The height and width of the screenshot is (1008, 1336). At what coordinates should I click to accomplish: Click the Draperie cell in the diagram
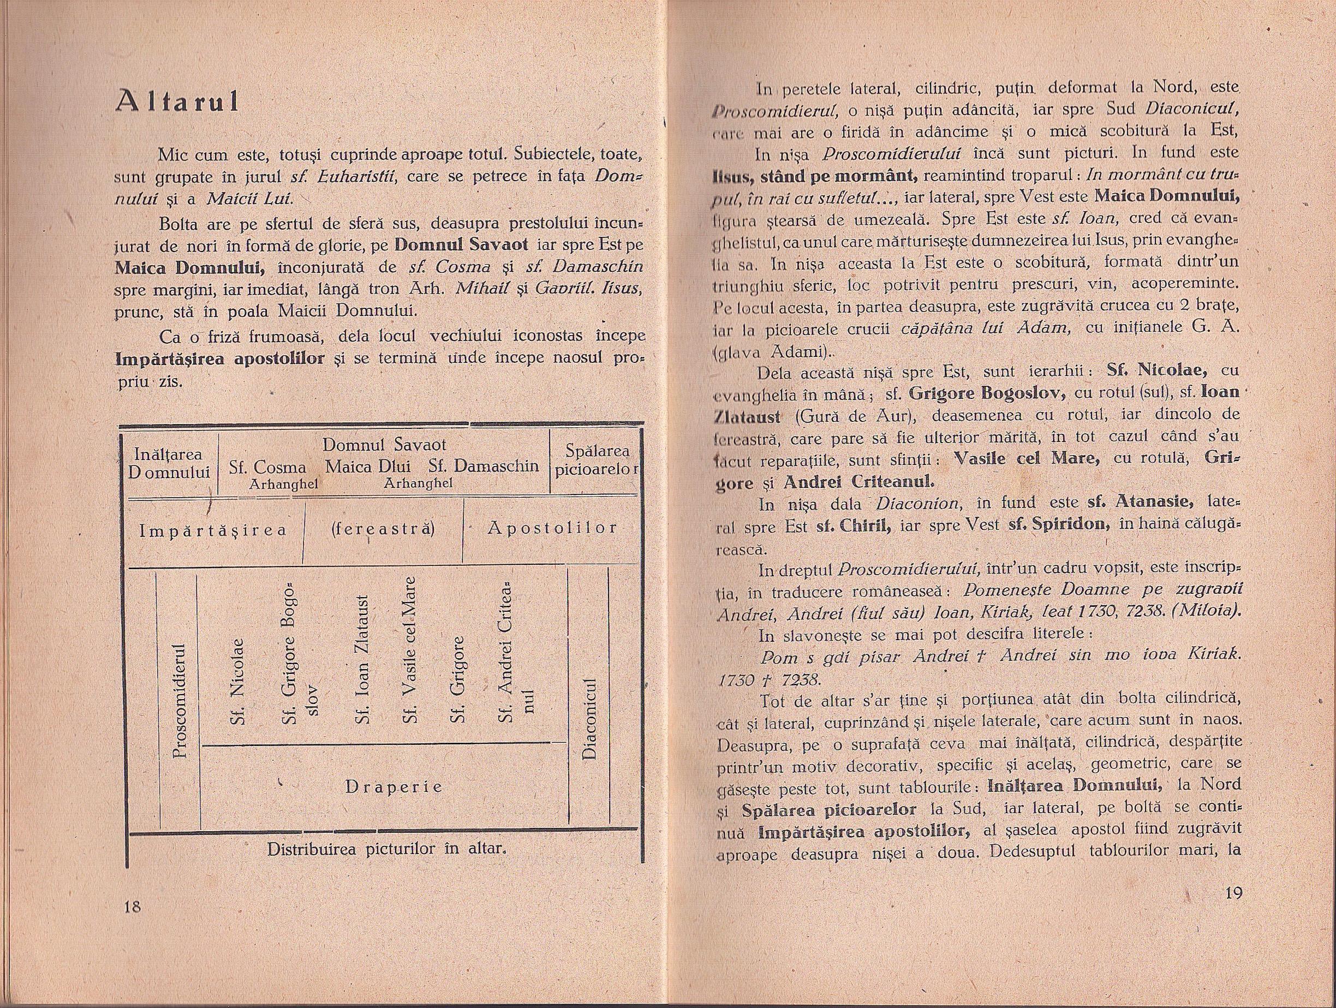pos(394,787)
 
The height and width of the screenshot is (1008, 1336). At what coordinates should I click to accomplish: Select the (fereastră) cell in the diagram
pos(384,528)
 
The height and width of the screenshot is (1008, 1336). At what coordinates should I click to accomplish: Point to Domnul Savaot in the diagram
pos(384,445)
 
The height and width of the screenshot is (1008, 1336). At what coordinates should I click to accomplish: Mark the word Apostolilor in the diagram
pos(552,528)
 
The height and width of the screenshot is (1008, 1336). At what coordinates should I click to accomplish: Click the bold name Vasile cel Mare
pos(1025,458)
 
